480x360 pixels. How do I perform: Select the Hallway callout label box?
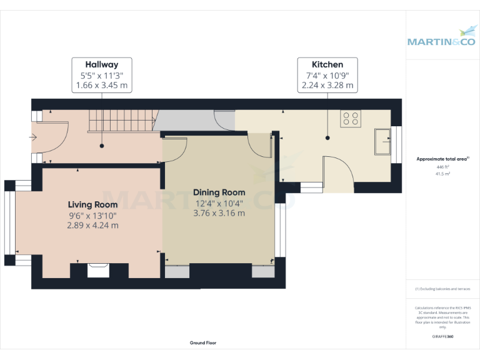click(x=101, y=74)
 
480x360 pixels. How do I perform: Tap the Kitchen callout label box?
click(x=327, y=74)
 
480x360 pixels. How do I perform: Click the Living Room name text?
click(x=92, y=204)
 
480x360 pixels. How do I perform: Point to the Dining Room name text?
click(x=219, y=192)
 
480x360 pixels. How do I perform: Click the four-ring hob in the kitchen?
click(x=351, y=119)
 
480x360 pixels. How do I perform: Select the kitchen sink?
click(x=382, y=141)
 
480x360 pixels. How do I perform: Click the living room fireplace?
click(x=99, y=269)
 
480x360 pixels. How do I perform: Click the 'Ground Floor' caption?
click(x=203, y=343)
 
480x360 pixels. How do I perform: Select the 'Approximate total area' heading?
click(x=442, y=159)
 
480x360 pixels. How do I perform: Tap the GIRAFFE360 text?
click(x=442, y=336)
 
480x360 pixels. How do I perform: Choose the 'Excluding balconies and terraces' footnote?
click(x=442, y=289)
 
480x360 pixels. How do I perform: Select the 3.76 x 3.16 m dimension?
click(x=219, y=212)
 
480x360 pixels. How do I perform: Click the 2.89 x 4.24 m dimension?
click(x=92, y=225)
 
